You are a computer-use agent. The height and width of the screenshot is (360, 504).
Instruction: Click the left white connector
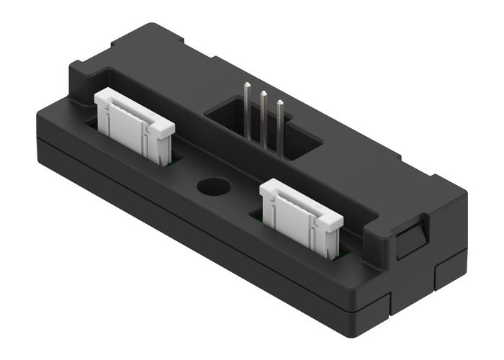(133, 122)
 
